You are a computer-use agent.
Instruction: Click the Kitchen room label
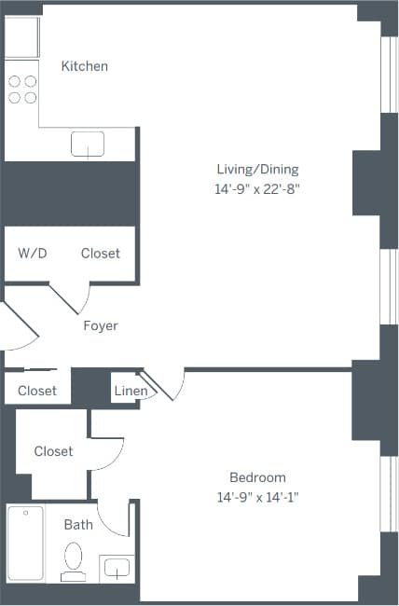(x=84, y=66)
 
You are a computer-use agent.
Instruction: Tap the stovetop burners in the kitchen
(x=22, y=89)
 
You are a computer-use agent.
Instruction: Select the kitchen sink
(x=88, y=144)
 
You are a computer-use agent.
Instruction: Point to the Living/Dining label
(x=257, y=170)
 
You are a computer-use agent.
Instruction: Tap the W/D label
(x=32, y=254)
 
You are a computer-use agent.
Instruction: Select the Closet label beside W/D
(x=100, y=254)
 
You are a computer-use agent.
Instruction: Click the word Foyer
(x=100, y=325)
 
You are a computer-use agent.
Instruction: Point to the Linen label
(x=129, y=391)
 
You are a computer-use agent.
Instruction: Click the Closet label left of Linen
(x=37, y=391)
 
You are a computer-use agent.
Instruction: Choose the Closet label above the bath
(x=53, y=451)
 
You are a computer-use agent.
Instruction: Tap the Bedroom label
(x=257, y=477)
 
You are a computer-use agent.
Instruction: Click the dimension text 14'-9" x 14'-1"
(x=257, y=497)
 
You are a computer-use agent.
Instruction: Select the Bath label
(x=78, y=525)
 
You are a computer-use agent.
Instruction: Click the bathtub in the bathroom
(x=25, y=544)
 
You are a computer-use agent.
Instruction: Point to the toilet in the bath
(x=73, y=562)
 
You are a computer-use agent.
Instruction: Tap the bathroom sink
(x=117, y=568)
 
